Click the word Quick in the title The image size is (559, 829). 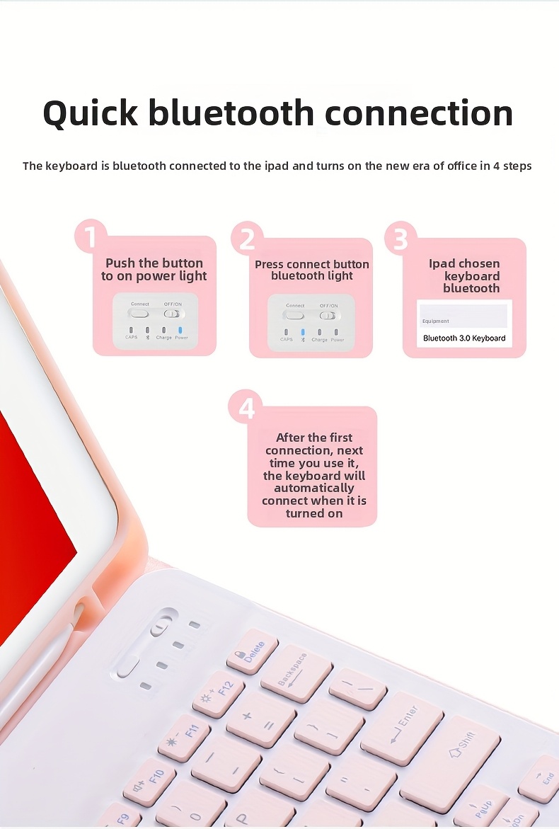point(91,113)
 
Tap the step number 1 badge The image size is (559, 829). point(91,236)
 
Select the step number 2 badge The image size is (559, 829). point(246,239)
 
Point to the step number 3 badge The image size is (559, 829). point(400,239)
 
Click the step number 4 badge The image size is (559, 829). point(246,407)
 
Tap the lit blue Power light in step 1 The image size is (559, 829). point(181,329)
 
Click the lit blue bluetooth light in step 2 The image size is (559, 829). point(303,331)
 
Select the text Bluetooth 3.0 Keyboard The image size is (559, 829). point(464,338)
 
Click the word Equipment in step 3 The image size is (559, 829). point(436,321)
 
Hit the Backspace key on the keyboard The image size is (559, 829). point(296,672)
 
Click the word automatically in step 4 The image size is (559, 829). point(313,488)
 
